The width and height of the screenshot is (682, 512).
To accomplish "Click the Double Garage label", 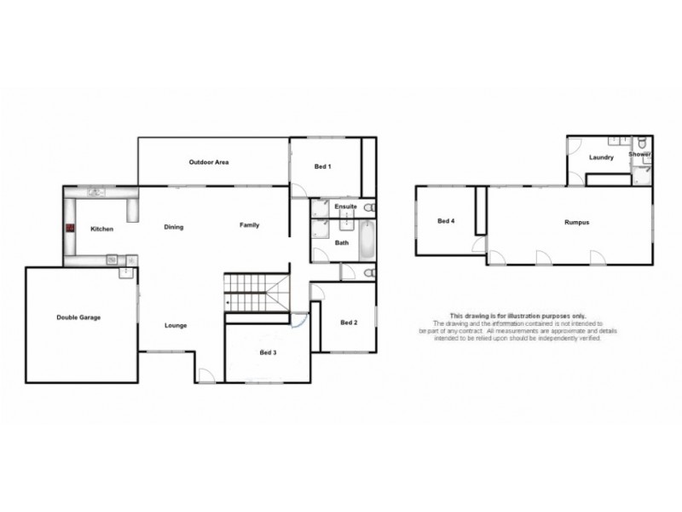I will tap(78, 317).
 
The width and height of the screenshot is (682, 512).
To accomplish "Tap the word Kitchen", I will tap(102, 230).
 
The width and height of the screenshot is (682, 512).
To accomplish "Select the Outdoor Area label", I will tap(209, 162).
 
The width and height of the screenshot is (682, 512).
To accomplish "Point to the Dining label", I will tap(174, 227).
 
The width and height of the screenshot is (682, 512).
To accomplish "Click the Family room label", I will tap(249, 225).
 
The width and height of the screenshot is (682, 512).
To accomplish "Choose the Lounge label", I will tap(176, 325).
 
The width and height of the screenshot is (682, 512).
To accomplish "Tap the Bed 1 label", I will tap(322, 166).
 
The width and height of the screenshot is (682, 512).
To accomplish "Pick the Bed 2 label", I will tap(348, 322).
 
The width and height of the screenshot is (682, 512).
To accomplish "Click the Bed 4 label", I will tap(446, 221).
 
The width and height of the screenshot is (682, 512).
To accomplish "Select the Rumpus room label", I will tap(576, 222).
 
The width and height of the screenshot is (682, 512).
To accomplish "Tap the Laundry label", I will tap(601, 158).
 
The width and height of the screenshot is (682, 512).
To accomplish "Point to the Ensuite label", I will tap(344, 207).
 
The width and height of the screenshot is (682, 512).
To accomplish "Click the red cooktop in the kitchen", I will tap(70, 229).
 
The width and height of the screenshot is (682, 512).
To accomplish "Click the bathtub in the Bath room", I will tap(367, 241).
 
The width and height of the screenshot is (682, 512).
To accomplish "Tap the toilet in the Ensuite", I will tap(368, 207).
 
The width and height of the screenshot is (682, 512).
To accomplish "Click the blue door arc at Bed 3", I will tap(298, 321).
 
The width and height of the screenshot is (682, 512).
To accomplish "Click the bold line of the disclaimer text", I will tap(517, 316).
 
